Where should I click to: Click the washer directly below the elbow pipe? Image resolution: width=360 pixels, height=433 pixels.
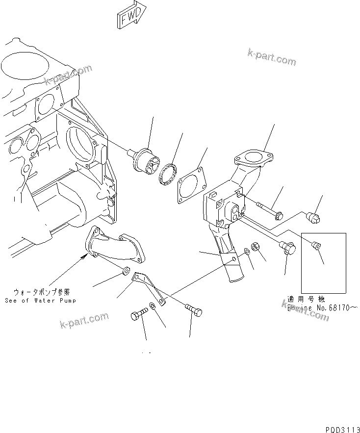[x=125, y=270]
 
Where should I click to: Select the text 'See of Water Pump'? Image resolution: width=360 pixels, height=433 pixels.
[x=41, y=300]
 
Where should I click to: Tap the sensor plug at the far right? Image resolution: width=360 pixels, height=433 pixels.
[x=313, y=216]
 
